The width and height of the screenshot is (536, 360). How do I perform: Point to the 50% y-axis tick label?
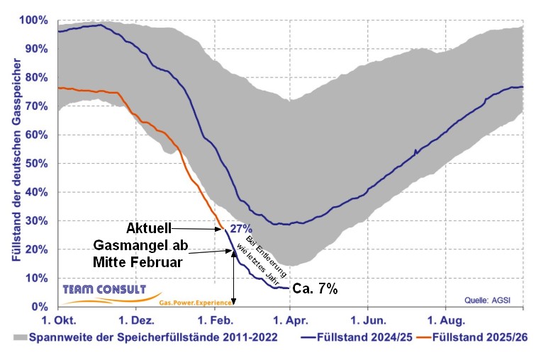37,164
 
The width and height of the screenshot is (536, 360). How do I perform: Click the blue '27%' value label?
240,229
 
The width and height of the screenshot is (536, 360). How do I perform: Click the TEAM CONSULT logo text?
104,290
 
